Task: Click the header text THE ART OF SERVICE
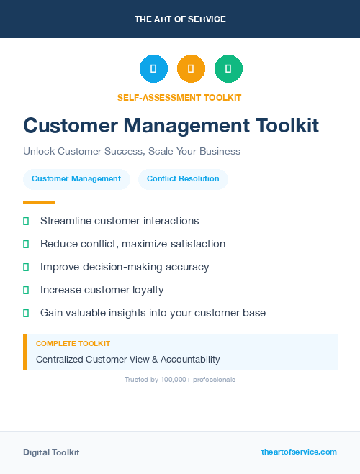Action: [x=180, y=19]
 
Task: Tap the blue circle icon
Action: [x=153, y=69]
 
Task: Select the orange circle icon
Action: [x=191, y=69]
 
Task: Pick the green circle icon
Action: [x=228, y=69]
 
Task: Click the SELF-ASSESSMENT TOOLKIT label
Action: [x=179, y=97]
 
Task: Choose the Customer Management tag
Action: [x=76, y=178]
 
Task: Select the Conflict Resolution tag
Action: [x=183, y=178]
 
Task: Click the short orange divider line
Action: [x=39, y=202]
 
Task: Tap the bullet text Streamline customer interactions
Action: [x=120, y=221]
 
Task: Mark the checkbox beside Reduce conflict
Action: [x=26, y=245]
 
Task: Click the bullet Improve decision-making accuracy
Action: [x=125, y=267]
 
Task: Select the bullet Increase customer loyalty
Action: [x=102, y=290]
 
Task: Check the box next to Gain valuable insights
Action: [x=26, y=314]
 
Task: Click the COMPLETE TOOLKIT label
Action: [x=73, y=344]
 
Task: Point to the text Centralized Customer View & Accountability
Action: [x=128, y=359]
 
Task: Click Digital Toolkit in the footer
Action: [x=51, y=452]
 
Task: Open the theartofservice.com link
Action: [x=299, y=452]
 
